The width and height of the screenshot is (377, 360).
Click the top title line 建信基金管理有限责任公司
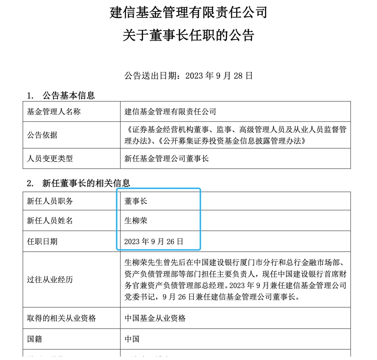(188, 13)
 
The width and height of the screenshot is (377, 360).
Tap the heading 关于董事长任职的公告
(188, 35)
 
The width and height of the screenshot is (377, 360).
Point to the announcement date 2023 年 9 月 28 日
(219, 76)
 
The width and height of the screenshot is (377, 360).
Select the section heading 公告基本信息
(68, 95)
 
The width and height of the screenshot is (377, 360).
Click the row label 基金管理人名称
(54, 112)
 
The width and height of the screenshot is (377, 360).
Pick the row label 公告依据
(42, 135)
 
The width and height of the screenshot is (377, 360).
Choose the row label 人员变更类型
(50, 158)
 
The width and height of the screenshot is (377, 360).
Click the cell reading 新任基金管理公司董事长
(166, 158)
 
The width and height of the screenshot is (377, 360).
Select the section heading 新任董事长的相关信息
(86, 183)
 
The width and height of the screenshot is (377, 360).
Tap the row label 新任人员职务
(50, 201)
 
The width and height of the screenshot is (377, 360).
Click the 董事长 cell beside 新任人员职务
(136, 201)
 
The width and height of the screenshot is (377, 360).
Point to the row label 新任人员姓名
(50, 221)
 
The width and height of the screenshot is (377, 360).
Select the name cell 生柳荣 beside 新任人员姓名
(136, 221)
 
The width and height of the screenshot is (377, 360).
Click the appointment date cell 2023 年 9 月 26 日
(154, 242)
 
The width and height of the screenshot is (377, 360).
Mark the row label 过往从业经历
(50, 279)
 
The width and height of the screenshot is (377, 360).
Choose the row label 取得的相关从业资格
(61, 318)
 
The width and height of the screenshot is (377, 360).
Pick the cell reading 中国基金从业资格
(155, 318)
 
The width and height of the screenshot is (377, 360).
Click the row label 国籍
(35, 339)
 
